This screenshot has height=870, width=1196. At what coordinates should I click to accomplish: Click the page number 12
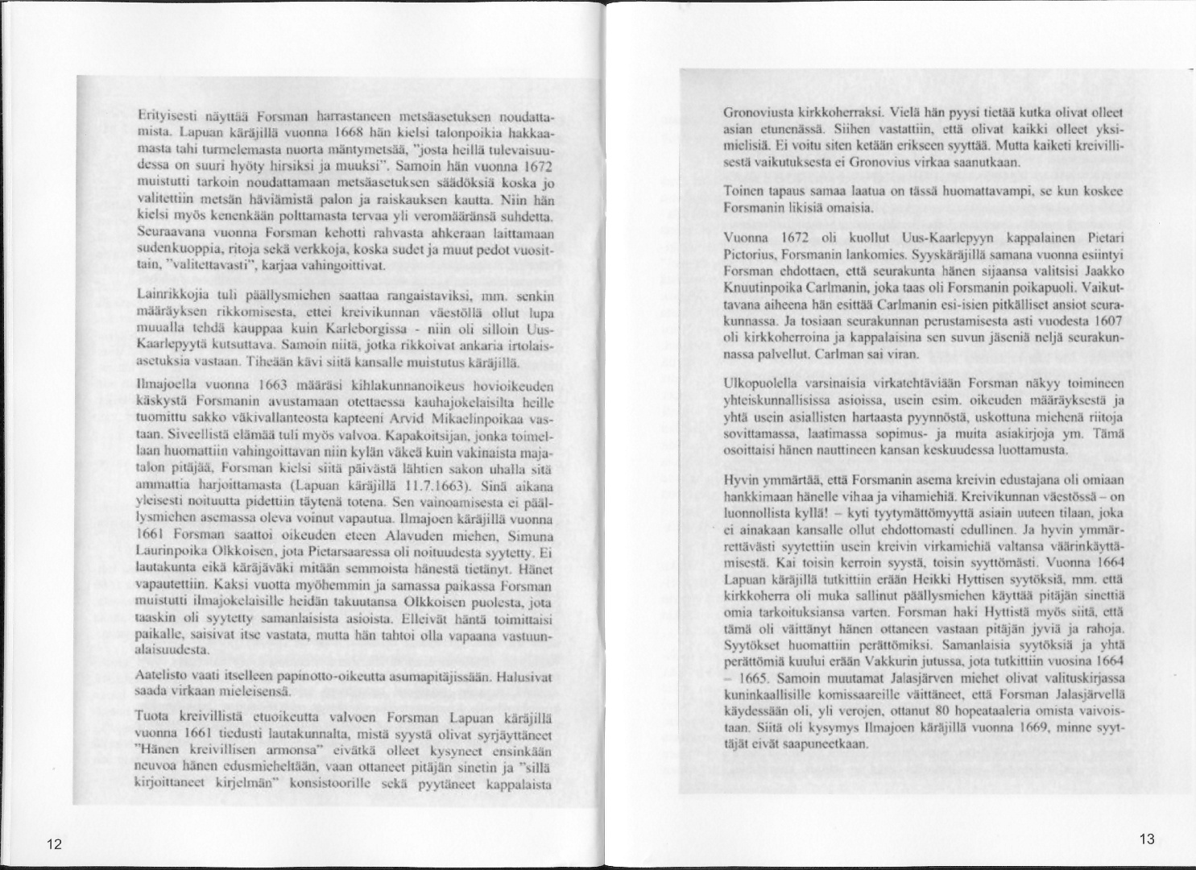pos(54,844)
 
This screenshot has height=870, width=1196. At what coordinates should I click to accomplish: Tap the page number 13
pos(1147,839)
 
